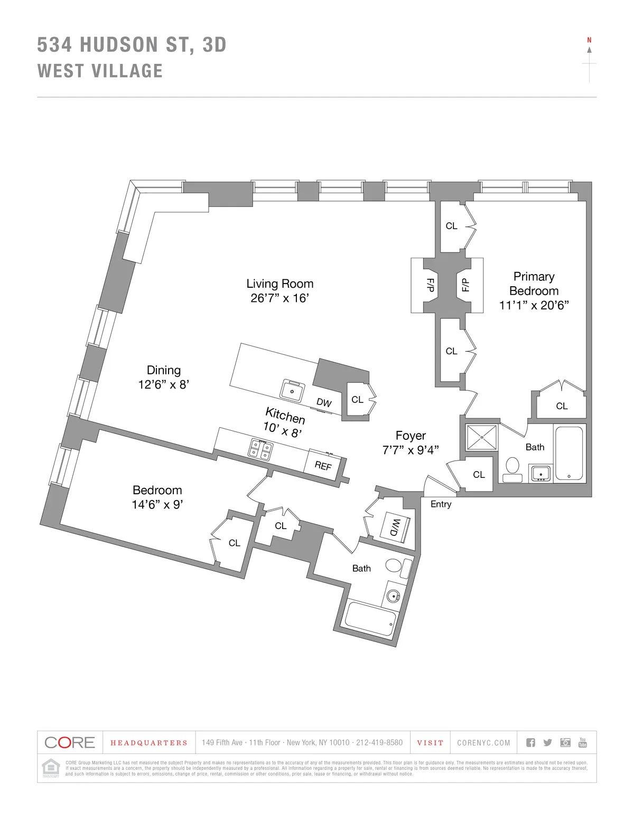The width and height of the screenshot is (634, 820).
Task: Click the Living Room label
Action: point(279,284)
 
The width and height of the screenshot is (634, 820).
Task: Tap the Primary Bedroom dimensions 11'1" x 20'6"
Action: point(534,305)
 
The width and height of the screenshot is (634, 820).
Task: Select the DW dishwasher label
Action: point(324,403)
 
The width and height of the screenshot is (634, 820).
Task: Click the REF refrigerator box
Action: point(323,465)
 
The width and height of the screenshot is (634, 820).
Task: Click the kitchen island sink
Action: point(292,391)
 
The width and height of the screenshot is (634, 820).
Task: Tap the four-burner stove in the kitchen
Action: point(261,449)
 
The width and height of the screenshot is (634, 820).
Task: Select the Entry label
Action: point(441,504)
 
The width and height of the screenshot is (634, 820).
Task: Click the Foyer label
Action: point(411,436)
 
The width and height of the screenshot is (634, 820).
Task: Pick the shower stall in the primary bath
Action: point(482,438)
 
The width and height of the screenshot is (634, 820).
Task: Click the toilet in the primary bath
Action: point(512,469)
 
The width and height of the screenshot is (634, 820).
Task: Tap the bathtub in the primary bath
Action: point(569,454)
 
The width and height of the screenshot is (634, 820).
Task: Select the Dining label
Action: point(164,370)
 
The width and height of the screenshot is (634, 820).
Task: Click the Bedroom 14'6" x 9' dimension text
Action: point(157,505)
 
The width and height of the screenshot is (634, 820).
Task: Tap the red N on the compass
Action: point(589,40)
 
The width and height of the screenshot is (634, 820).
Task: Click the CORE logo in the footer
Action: point(70,742)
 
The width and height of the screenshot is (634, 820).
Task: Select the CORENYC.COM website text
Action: point(483,743)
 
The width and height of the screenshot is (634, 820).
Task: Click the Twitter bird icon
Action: point(548,743)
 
